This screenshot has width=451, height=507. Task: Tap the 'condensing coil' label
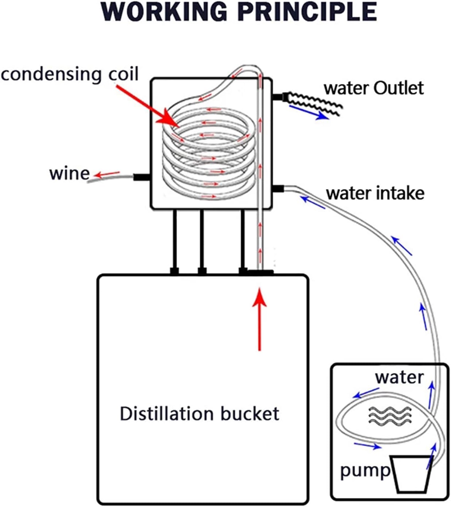click(70, 74)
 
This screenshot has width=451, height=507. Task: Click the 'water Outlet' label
click(374, 88)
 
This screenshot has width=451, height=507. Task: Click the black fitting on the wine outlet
click(142, 177)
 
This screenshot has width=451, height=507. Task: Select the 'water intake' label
click(375, 193)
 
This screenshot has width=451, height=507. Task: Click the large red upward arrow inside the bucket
click(259, 319)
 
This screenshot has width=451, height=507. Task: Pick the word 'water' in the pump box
click(400, 378)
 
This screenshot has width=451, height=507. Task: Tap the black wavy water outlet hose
click(313, 103)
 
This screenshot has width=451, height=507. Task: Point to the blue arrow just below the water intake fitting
click(313, 203)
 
